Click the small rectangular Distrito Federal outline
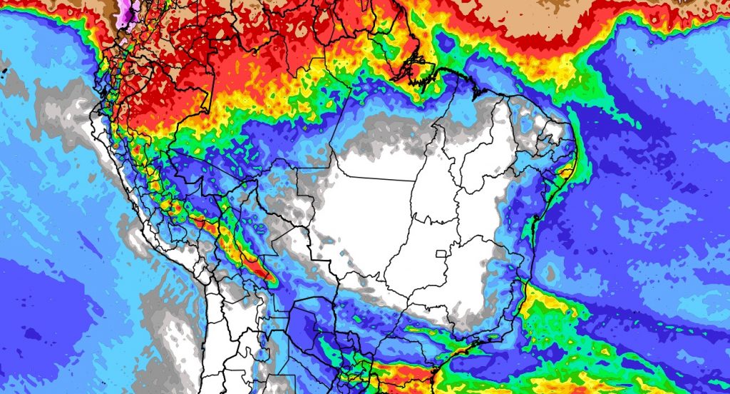click(x=443, y=253)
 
